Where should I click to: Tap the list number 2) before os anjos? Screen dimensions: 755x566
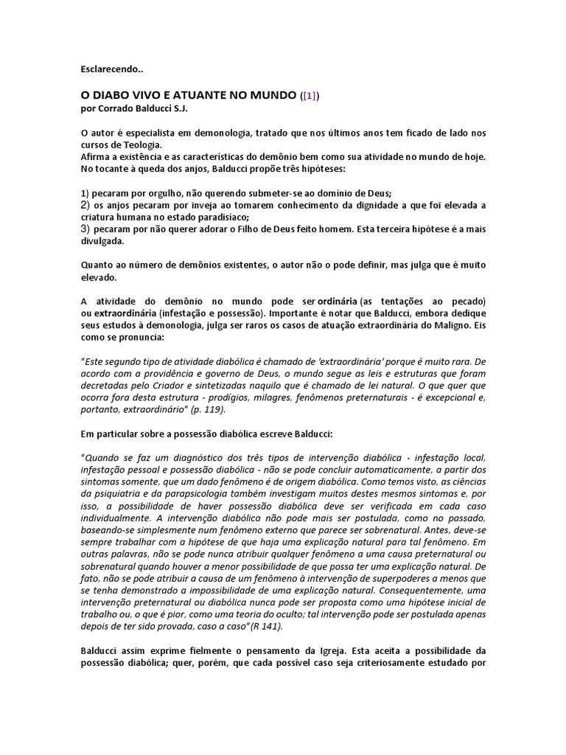[85, 204]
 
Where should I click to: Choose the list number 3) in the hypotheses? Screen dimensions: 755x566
[85, 229]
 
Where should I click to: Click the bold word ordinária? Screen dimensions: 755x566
[338, 302]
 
